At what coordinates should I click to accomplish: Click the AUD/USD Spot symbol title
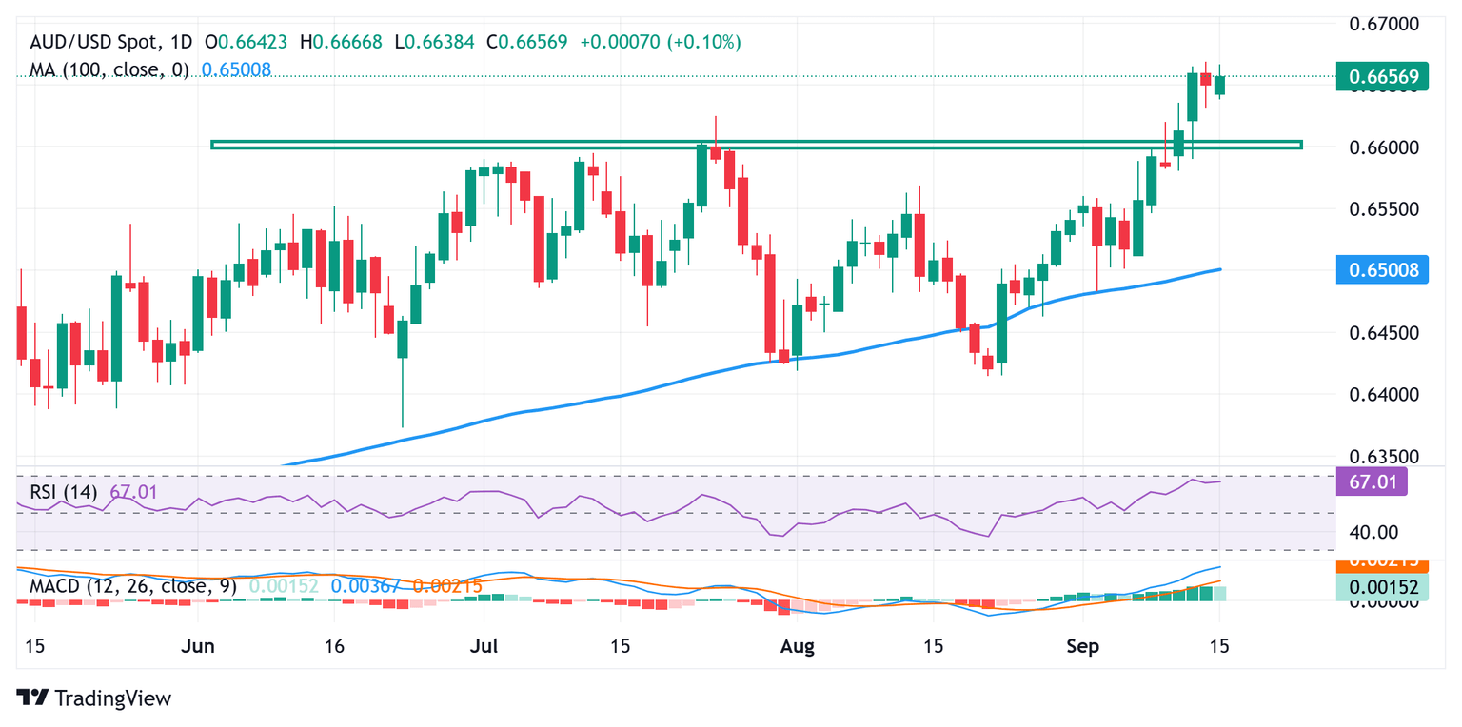click(110, 42)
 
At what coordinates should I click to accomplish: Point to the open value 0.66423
click(256, 42)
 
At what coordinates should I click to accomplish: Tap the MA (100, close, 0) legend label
click(109, 69)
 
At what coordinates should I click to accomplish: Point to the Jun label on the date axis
click(198, 646)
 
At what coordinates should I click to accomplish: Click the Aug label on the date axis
click(797, 646)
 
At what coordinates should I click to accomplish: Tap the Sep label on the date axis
click(1082, 646)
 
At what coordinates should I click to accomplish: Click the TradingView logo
click(95, 698)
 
